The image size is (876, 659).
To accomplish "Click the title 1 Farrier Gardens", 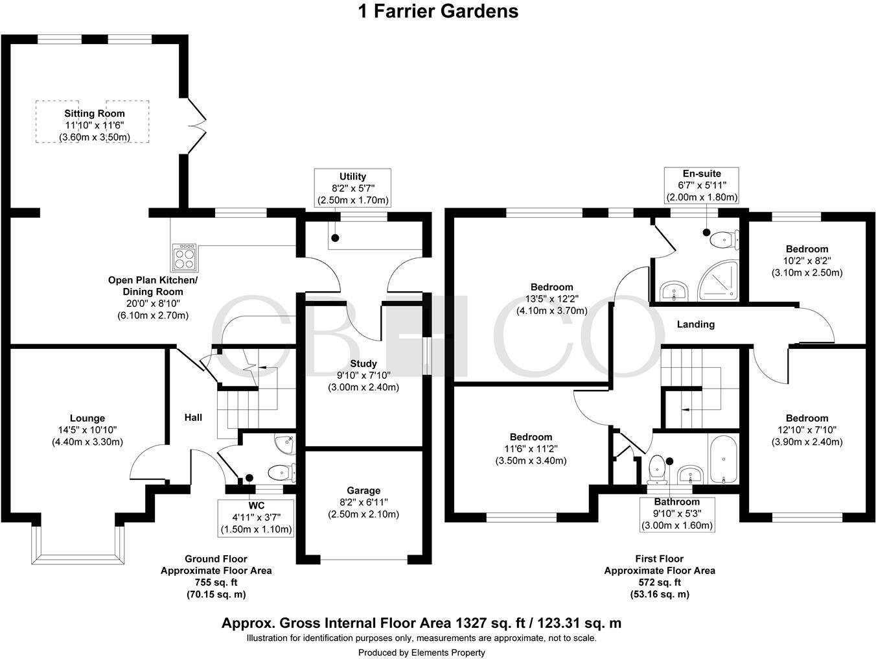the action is tap(438, 11).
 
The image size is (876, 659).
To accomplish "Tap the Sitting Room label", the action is tap(95, 114).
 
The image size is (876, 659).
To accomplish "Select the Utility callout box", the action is tap(352, 188).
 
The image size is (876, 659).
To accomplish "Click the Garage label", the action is tap(363, 490).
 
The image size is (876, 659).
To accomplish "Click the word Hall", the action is tap(193, 417).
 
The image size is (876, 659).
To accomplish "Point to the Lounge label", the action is tap(87, 418).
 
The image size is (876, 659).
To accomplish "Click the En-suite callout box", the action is tap(702, 186).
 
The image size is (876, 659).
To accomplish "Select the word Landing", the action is tap(696, 324).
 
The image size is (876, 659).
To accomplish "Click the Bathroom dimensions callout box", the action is tap(677, 514).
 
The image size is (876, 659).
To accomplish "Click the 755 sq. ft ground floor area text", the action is tap(216, 582).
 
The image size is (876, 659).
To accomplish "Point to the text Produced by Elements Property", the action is tap(421, 653).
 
